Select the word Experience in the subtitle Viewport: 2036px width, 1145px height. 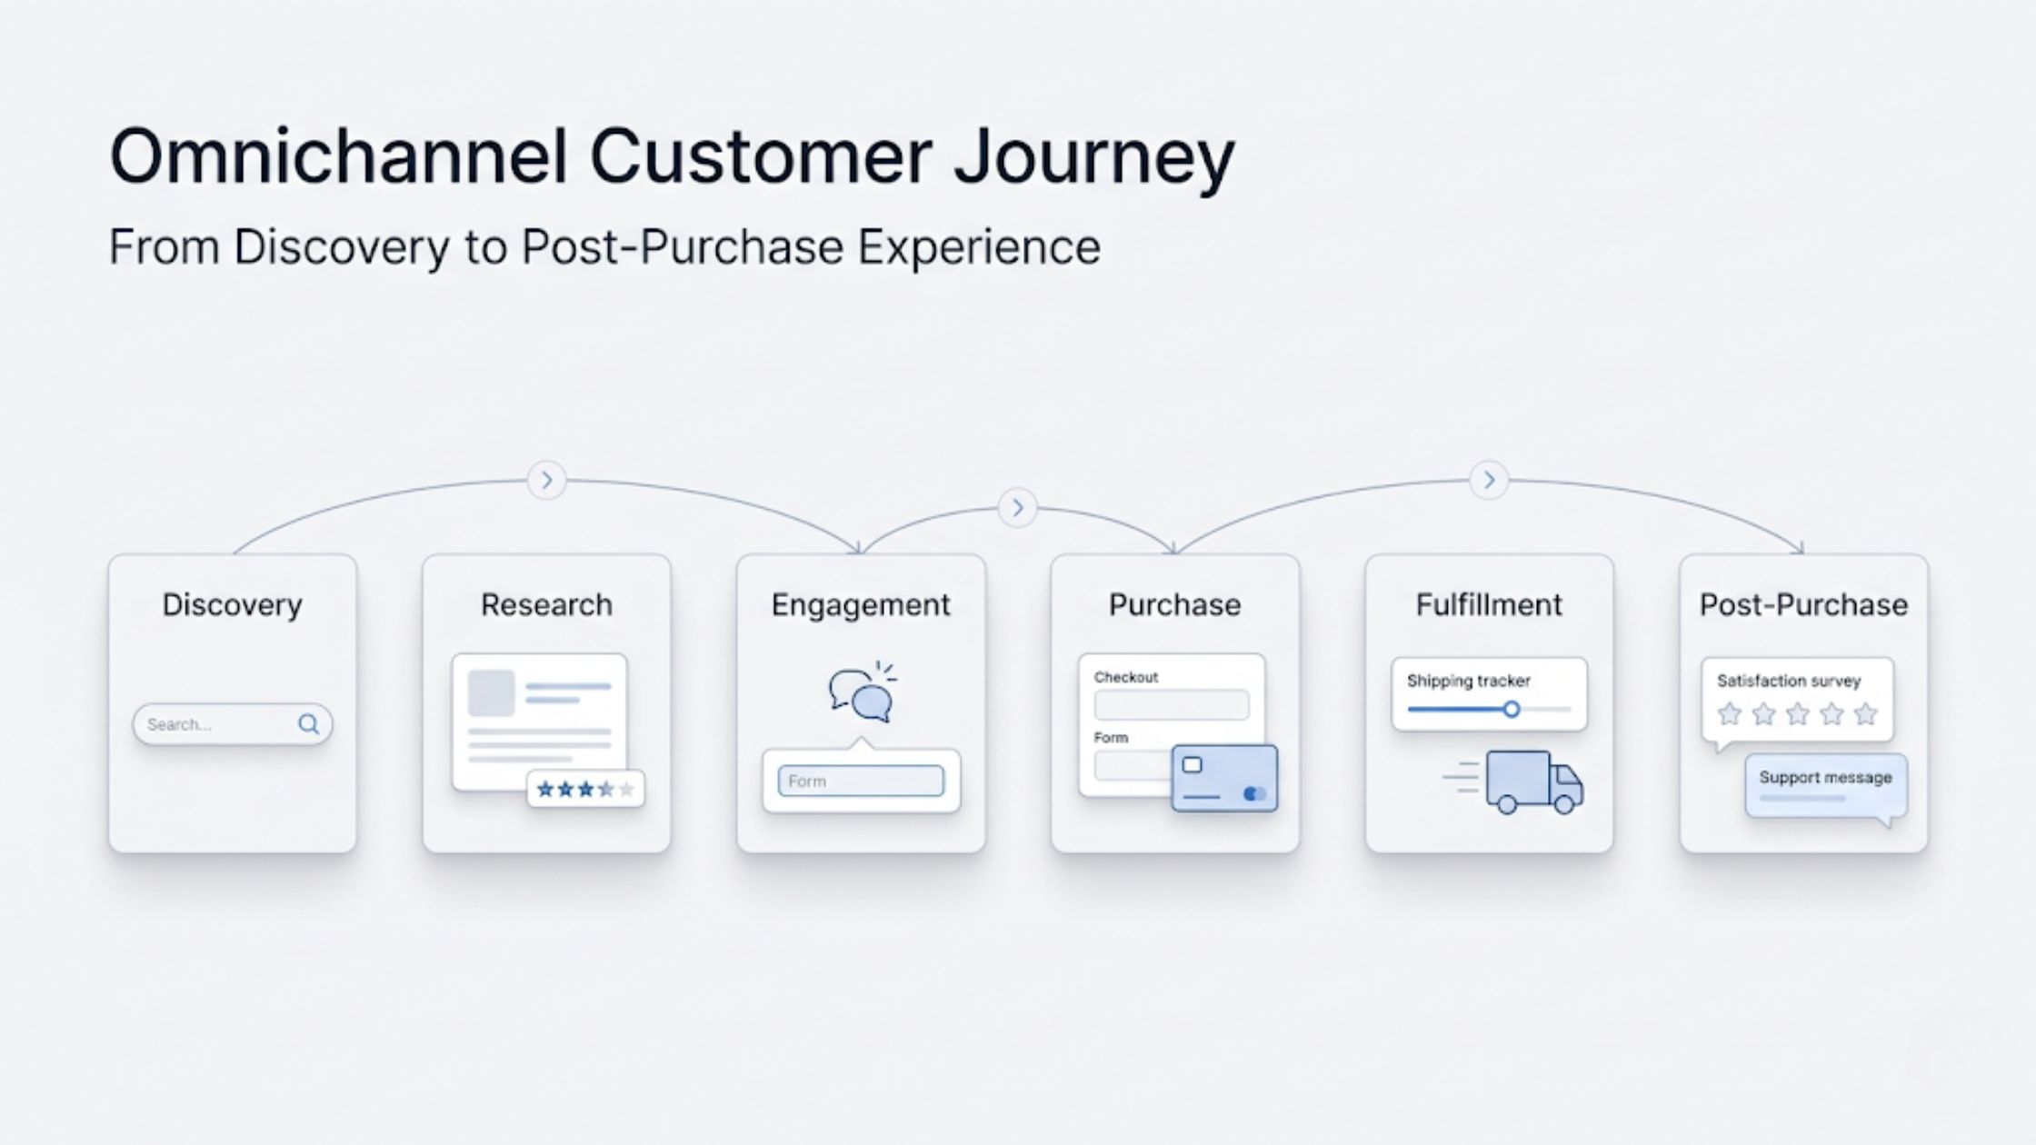979,247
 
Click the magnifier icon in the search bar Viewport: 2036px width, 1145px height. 308,724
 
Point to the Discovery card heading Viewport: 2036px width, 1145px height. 232,605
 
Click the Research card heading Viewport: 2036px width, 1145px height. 546,605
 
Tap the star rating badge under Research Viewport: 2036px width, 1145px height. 585,789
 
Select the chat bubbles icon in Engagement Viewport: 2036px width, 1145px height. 861,695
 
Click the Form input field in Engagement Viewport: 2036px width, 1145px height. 861,782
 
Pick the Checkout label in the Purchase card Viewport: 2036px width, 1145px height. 1125,677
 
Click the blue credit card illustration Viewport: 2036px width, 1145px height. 1224,778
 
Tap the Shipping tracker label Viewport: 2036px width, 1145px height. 1468,681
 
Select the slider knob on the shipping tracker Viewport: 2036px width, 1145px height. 1511,710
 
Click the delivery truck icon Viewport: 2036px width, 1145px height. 1533,782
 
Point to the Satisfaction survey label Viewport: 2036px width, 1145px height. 1788,681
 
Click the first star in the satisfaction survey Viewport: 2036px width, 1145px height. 1729,714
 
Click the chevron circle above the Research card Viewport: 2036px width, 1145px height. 546,480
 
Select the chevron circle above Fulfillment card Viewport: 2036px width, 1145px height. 1489,480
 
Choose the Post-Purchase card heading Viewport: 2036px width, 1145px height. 1803,605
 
